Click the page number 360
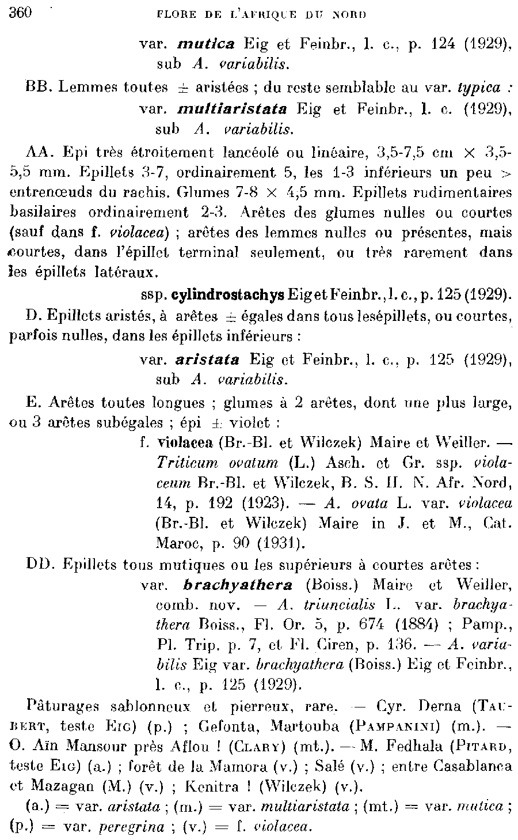click(21, 13)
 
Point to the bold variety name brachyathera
click(238, 585)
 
